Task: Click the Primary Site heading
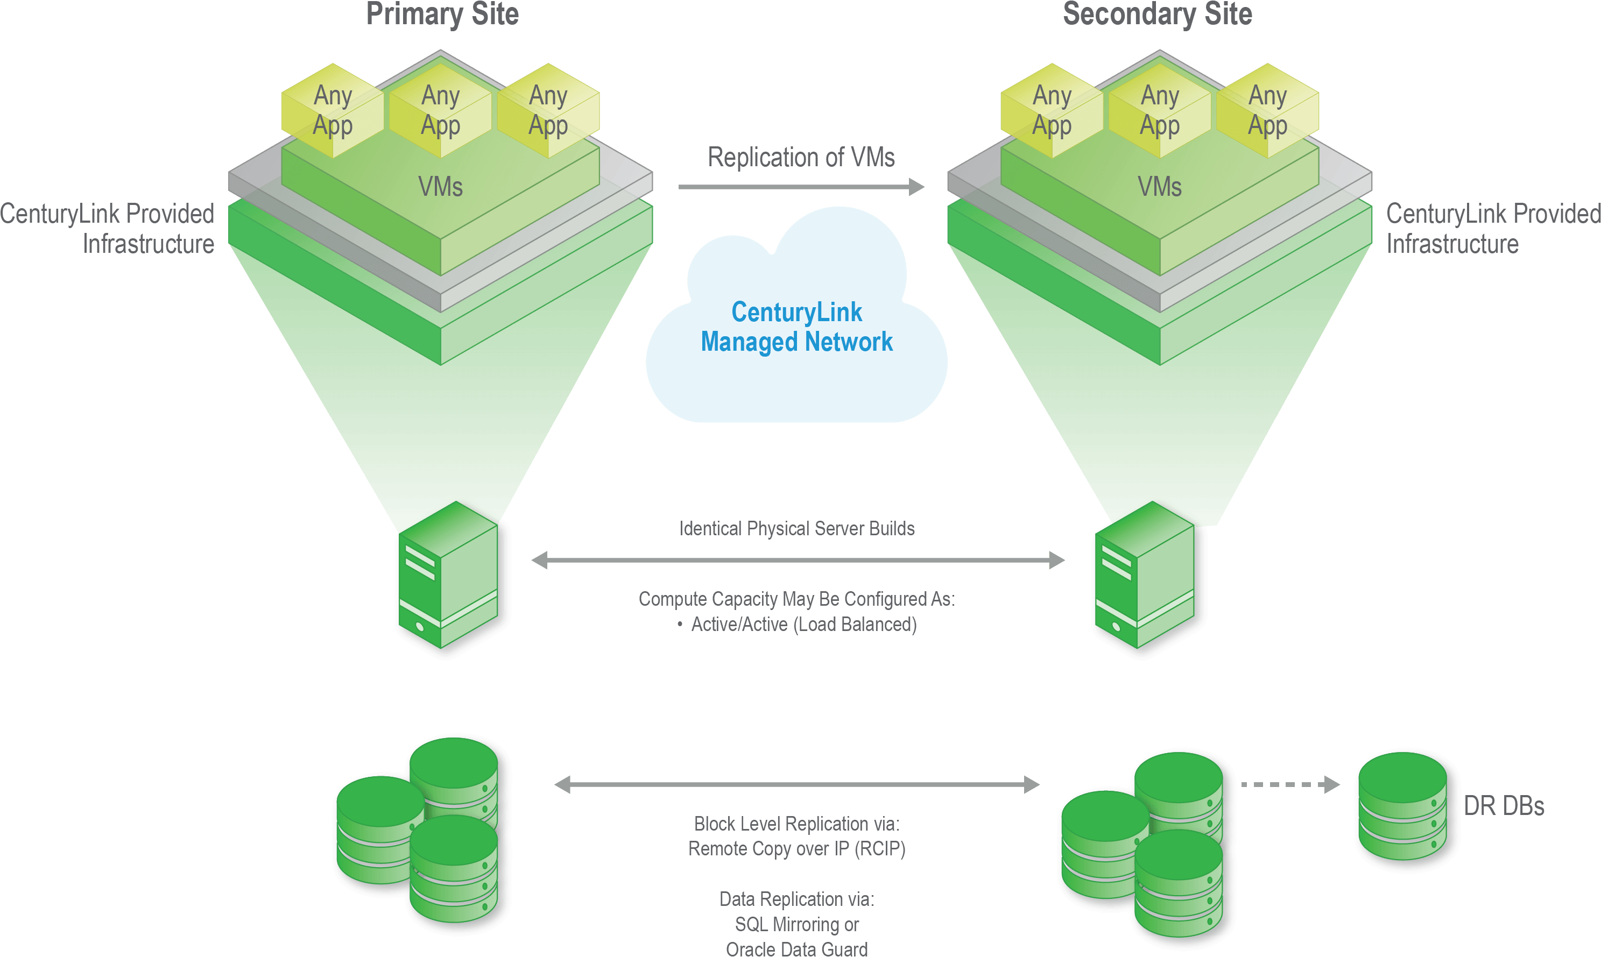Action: click(x=442, y=14)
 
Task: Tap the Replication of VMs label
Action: click(x=801, y=158)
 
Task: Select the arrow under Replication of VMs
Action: click(x=801, y=187)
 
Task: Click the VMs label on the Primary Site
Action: click(x=441, y=187)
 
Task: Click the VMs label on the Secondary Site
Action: click(x=1159, y=187)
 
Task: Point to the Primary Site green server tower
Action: click(x=449, y=576)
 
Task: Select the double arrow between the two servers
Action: click(x=798, y=561)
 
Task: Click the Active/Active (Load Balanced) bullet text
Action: click(x=803, y=624)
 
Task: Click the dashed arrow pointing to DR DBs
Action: click(x=1290, y=784)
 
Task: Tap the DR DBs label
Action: click(x=1504, y=806)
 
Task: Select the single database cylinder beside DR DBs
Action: click(x=1402, y=806)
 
